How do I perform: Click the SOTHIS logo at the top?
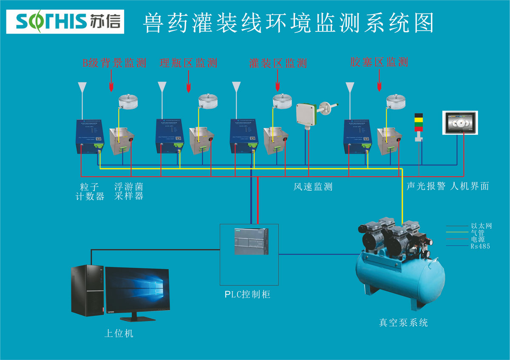tap(65, 21)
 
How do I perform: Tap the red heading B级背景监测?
tap(114, 63)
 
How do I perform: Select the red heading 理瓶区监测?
tap(188, 63)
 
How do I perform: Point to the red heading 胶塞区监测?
tap(379, 62)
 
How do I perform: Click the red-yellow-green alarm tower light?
tap(419, 123)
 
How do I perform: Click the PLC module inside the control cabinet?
tap(251, 241)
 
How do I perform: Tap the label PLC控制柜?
tap(247, 294)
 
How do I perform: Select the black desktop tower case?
tap(87, 290)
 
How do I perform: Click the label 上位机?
tap(119, 333)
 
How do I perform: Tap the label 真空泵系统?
tap(403, 323)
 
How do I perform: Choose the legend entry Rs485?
tap(480, 246)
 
